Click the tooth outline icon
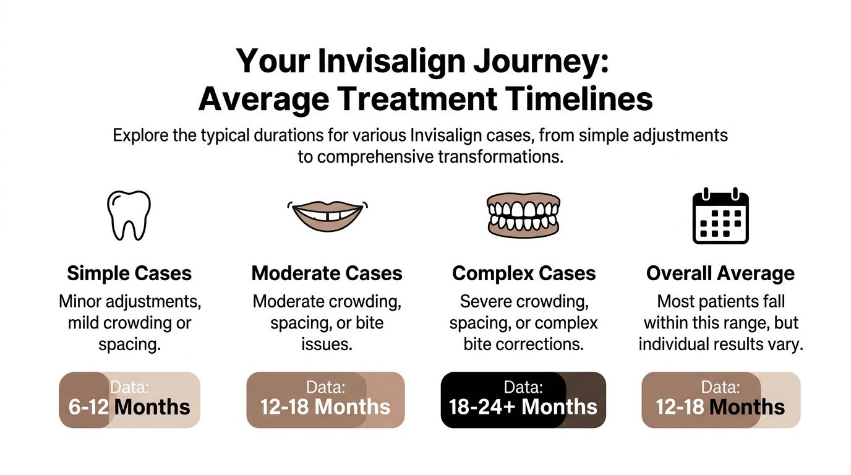[x=129, y=215]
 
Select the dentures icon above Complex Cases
[x=523, y=215]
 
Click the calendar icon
[x=721, y=215]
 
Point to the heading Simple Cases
[x=129, y=273]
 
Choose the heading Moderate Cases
[x=327, y=273]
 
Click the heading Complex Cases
[x=524, y=273]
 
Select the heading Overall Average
[x=721, y=273]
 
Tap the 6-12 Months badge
[x=129, y=400]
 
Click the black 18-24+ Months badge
[x=523, y=400]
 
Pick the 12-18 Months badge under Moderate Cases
[x=325, y=400]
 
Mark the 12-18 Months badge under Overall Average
[x=721, y=400]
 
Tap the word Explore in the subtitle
[x=141, y=135]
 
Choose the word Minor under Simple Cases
[x=83, y=302]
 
